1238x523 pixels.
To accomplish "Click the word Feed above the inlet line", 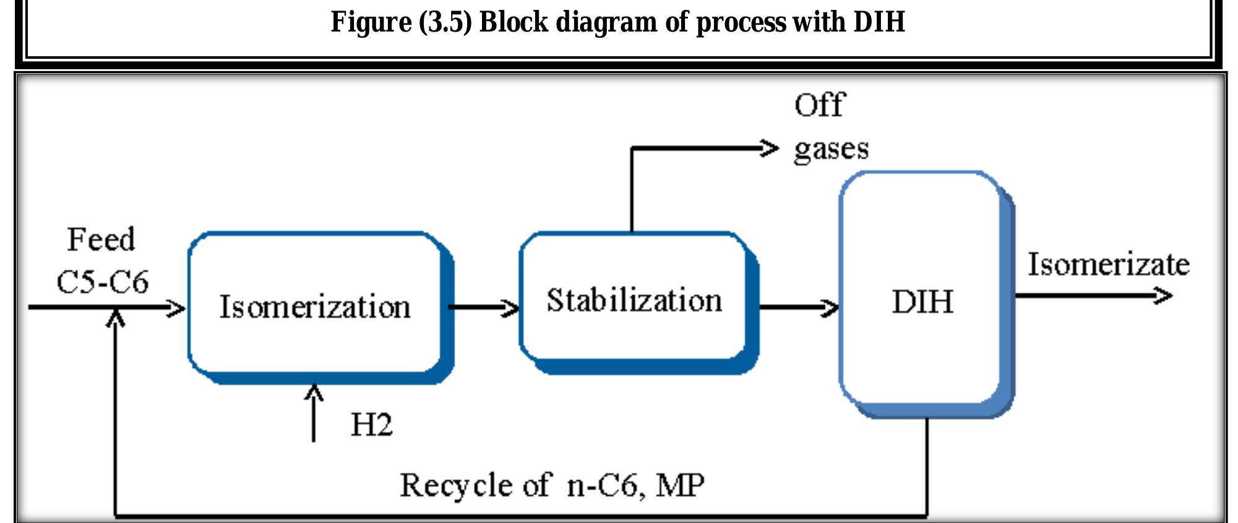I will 101,239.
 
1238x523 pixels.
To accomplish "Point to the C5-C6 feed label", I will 103,282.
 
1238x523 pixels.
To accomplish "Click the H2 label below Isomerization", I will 371,425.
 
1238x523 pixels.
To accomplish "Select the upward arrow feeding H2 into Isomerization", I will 314,411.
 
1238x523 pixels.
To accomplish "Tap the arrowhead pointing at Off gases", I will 769,148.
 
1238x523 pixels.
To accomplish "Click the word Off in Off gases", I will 819,105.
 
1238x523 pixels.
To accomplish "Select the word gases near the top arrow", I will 831,149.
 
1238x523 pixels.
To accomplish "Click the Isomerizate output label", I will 1108,264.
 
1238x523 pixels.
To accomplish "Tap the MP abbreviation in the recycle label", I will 680,485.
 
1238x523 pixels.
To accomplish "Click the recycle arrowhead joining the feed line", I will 116,318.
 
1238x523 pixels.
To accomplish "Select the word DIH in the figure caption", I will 879,22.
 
